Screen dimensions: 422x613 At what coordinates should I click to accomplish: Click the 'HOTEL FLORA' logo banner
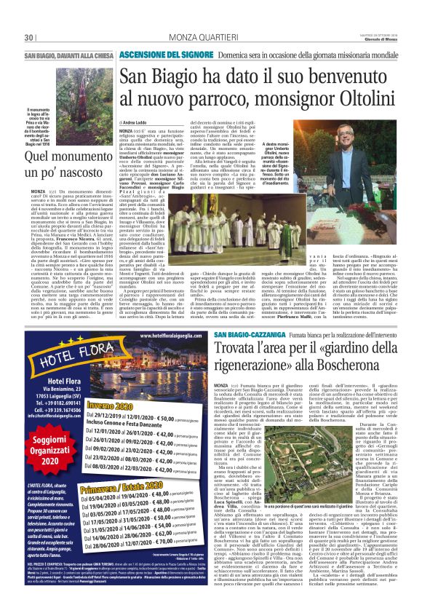(x=66, y=363)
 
